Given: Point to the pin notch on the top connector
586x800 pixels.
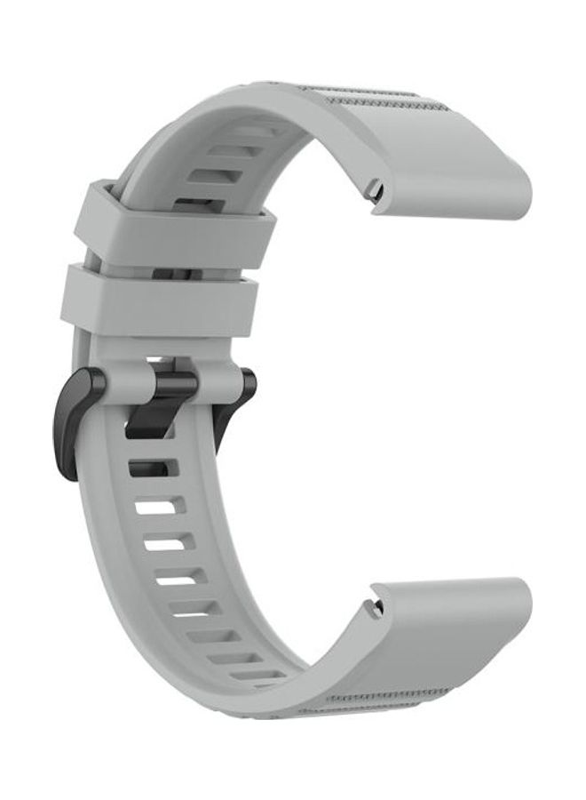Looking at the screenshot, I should point(376,189).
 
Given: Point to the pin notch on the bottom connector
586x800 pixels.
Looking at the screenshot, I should point(377,608).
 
